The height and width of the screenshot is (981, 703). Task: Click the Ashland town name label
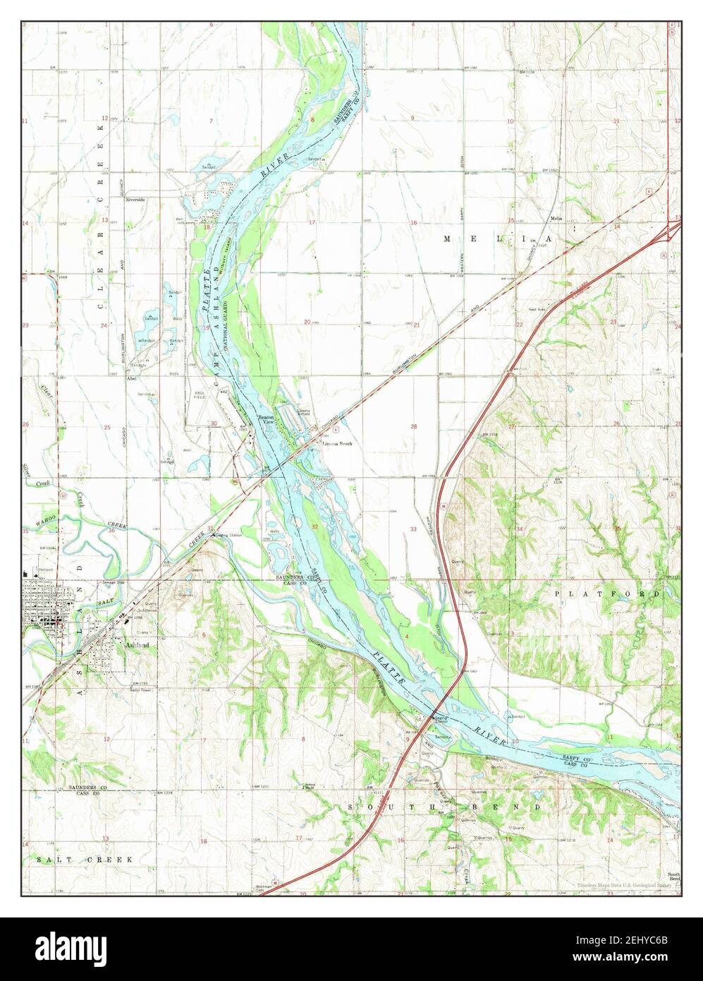[138, 644]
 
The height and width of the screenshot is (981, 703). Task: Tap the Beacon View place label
[265, 419]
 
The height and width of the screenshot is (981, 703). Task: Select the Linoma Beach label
[336, 443]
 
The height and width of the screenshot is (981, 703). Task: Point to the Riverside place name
[135, 200]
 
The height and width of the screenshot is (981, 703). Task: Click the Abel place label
[130, 378]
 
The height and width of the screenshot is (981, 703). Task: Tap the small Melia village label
[558, 218]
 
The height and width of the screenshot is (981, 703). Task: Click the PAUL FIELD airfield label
[200, 396]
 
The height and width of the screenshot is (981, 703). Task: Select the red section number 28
[414, 426]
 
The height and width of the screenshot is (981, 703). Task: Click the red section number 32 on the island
[314, 526]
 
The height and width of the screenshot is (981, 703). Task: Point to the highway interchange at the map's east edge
[673, 229]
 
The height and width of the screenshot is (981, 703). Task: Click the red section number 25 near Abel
[107, 427]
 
